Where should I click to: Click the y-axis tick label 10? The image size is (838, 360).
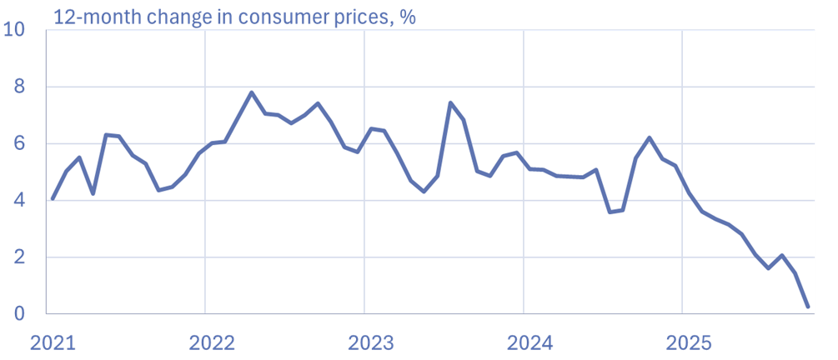(15, 31)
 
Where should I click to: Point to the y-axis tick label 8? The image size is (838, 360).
(21, 87)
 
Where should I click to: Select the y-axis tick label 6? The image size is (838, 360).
(21, 144)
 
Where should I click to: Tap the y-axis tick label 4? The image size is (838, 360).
(21, 201)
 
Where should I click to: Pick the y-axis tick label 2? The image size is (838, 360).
(21, 257)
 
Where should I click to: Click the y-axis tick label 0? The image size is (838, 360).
(21, 314)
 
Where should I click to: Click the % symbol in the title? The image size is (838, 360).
(408, 16)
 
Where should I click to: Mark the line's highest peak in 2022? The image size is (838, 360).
(251, 92)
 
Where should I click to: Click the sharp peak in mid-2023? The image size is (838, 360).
(450, 102)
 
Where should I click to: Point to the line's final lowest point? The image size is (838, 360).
(808, 307)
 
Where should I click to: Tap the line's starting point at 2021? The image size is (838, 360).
(53, 198)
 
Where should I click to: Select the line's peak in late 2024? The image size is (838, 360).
(649, 137)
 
